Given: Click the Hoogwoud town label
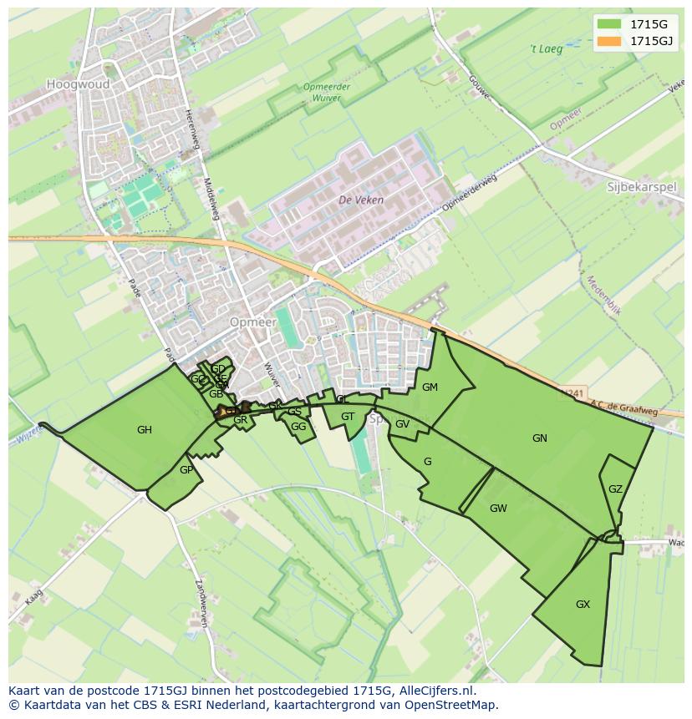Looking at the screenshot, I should tap(79, 84).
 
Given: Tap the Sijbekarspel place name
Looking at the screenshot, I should tap(641, 187).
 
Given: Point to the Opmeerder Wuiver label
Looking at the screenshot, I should tap(326, 92).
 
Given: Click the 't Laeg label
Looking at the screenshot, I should tap(547, 49).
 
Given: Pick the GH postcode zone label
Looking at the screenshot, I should tap(145, 430).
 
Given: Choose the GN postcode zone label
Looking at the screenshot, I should tap(540, 438).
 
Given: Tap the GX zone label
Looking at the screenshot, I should tap(583, 604).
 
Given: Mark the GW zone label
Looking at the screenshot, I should tap(498, 508).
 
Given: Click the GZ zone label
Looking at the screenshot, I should tap(615, 489).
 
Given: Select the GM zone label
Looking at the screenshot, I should tap(430, 387).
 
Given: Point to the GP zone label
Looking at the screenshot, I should tap(186, 470).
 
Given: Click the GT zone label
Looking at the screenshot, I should tap(348, 417).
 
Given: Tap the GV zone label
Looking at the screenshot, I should tap(402, 424).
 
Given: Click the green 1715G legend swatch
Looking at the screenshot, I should tap(609, 23).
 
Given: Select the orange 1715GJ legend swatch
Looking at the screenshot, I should tap(609, 41).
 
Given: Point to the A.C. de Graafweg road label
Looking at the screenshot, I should tap(624, 408).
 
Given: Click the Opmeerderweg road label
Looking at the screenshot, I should tap(469, 193).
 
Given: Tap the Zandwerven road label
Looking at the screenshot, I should tap(201, 603).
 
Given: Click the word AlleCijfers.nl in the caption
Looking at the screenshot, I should tap(437, 691).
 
